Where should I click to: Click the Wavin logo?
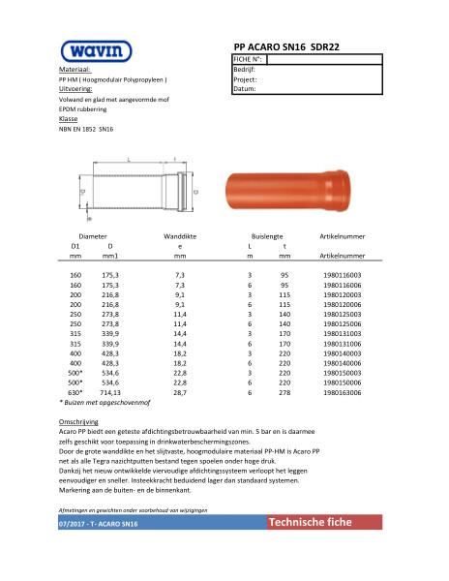coord(91,51)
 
